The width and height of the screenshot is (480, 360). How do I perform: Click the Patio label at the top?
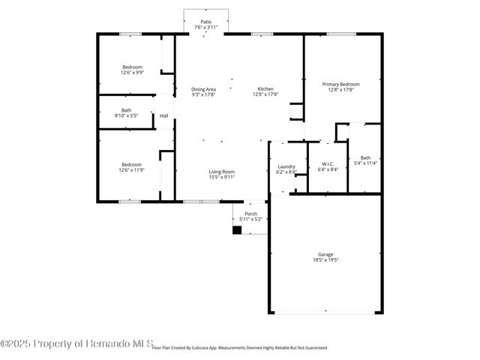(x=204, y=22)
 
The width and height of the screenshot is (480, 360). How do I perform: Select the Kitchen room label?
(x=267, y=89)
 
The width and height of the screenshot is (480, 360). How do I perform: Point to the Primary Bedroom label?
(x=340, y=84)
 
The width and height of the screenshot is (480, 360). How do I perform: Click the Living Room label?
(x=221, y=172)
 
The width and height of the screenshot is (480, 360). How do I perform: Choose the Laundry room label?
(x=286, y=166)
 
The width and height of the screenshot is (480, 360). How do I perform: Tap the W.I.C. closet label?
(x=328, y=163)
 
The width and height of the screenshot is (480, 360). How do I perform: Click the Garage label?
(x=325, y=254)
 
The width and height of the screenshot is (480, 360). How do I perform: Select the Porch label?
(x=251, y=214)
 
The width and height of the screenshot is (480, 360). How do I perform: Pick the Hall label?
(x=163, y=115)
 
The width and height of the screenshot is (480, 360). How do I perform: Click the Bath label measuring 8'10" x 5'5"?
(x=127, y=110)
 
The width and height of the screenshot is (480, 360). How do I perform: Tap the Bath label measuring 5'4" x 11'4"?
(x=365, y=157)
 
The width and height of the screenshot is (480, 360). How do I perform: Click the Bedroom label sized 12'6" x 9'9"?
(x=132, y=67)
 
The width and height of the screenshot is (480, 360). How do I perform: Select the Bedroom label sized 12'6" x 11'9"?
(x=132, y=164)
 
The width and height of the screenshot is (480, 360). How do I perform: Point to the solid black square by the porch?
(x=237, y=230)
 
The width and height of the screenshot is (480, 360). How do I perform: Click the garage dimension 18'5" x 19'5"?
(x=325, y=260)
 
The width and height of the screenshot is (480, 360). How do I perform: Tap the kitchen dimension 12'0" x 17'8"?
(x=267, y=94)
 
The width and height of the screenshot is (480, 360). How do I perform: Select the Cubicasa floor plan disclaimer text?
(x=240, y=348)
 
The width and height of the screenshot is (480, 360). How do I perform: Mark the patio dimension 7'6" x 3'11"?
(x=204, y=28)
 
